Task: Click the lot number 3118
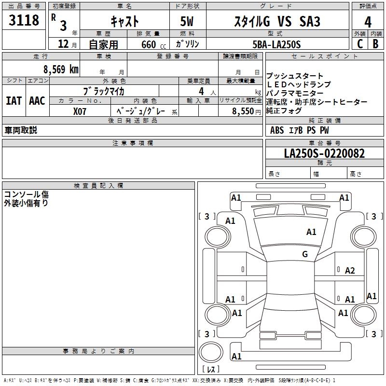click(x=24, y=21)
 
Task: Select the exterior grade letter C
click(x=359, y=43)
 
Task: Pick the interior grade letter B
click(x=375, y=43)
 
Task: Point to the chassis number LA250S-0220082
click(x=324, y=153)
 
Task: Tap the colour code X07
click(x=80, y=110)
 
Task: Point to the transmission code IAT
click(x=14, y=101)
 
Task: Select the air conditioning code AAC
click(x=37, y=101)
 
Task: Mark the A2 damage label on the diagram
click(x=350, y=271)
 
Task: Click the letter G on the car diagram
click(x=305, y=254)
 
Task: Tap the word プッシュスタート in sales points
click(x=288, y=76)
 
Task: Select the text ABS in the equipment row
click(x=277, y=130)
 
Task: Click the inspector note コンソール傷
click(x=26, y=194)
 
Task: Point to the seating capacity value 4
click(x=200, y=91)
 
